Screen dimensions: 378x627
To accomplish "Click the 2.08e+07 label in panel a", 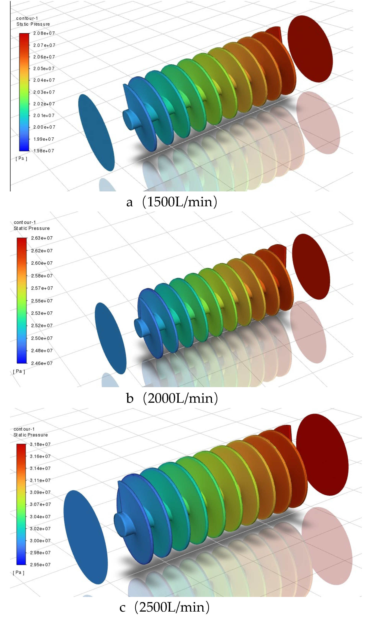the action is [x=44, y=33].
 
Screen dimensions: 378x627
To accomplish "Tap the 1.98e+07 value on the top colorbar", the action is [x=44, y=151].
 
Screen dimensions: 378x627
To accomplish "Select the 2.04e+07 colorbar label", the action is [x=44, y=80].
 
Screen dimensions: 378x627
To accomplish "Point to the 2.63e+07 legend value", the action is [x=42, y=238].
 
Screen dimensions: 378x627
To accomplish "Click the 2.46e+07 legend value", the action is [x=42, y=363].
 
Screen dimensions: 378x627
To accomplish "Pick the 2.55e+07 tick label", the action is [x=42, y=301].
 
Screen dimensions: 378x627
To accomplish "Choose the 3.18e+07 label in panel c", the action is [x=40, y=444].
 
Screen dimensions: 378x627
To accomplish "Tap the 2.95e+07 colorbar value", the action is [x=40, y=565].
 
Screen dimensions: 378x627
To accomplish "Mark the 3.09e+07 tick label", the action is [x=40, y=492].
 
